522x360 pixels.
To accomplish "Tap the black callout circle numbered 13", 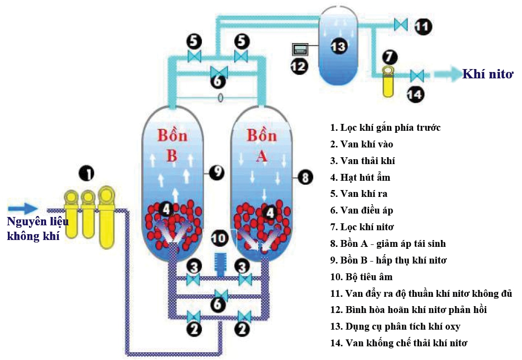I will (x=338, y=47).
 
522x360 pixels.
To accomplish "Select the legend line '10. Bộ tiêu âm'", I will (x=361, y=277).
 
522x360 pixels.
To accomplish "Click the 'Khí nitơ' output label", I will (x=488, y=74).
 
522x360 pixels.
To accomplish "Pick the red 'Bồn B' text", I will (x=172, y=144).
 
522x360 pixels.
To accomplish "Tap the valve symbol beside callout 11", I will (x=401, y=24).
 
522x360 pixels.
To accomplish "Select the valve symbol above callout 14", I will (x=417, y=75).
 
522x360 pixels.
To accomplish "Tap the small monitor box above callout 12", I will (x=299, y=49).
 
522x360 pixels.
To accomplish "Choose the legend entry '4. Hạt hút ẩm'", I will (x=360, y=177).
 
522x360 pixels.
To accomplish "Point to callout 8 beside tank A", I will (x=305, y=177).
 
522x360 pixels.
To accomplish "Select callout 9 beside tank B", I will (x=216, y=171).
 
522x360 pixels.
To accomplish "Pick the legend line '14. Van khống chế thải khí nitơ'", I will (x=398, y=343).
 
